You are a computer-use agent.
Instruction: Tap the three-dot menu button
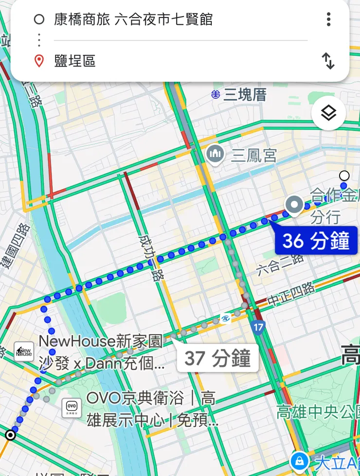coord(329,19)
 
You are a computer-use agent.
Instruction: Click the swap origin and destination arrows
coord(328,61)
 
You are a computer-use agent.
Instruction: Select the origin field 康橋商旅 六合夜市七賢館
coord(133,19)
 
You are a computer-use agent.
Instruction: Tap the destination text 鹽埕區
coord(75,61)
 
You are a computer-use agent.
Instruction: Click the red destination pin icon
coord(39,61)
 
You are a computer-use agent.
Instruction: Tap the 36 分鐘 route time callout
coord(316,241)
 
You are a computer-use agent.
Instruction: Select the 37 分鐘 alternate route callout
coord(217,358)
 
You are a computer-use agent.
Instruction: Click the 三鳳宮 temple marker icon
coord(215,155)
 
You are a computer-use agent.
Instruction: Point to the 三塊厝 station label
coord(245,94)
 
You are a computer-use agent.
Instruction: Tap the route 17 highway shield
coord(258,327)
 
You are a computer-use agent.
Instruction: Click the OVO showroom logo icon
coord(72,406)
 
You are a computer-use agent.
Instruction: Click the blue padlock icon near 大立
coord(298,460)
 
